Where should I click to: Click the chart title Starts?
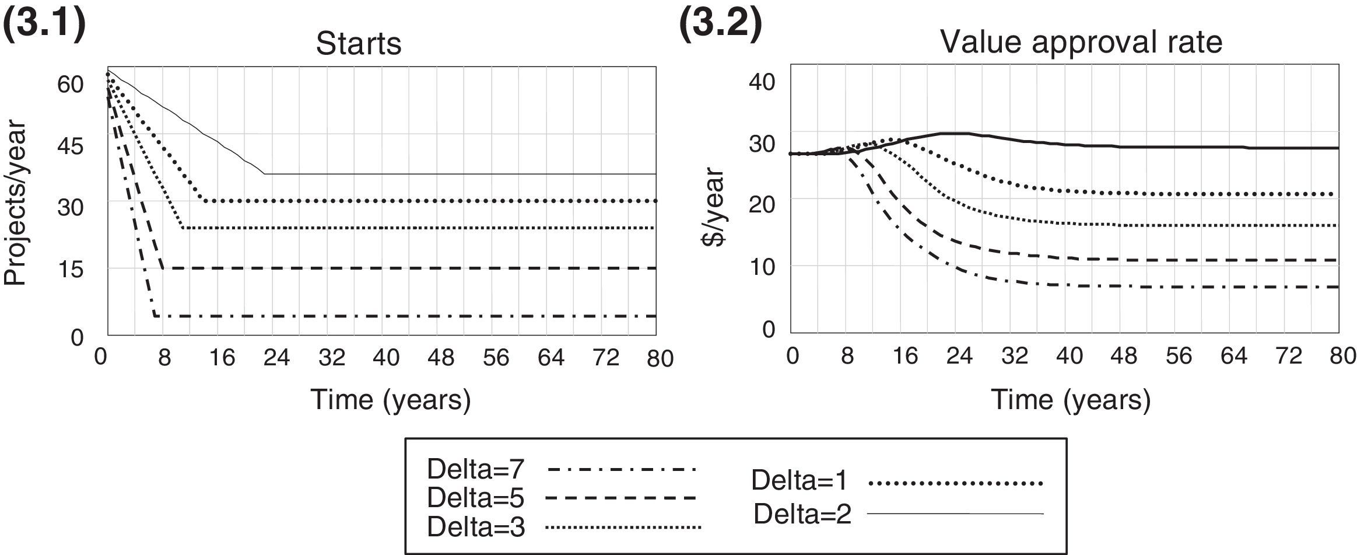(358, 44)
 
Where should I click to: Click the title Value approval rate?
(1081, 42)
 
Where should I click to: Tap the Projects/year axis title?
(15, 203)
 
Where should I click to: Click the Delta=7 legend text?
(475, 469)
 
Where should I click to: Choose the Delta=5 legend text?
(475, 498)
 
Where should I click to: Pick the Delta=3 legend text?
(475, 527)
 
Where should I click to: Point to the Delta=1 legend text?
(800, 480)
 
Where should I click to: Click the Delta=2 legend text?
(802, 514)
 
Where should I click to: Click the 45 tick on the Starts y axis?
(70, 146)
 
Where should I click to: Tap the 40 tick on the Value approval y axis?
(762, 82)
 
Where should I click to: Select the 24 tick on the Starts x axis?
(276, 357)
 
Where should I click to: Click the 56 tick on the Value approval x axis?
(1179, 355)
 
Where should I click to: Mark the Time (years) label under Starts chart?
(390, 400)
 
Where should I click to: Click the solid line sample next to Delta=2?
(955, 514)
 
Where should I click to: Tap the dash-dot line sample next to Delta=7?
(622, 469)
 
